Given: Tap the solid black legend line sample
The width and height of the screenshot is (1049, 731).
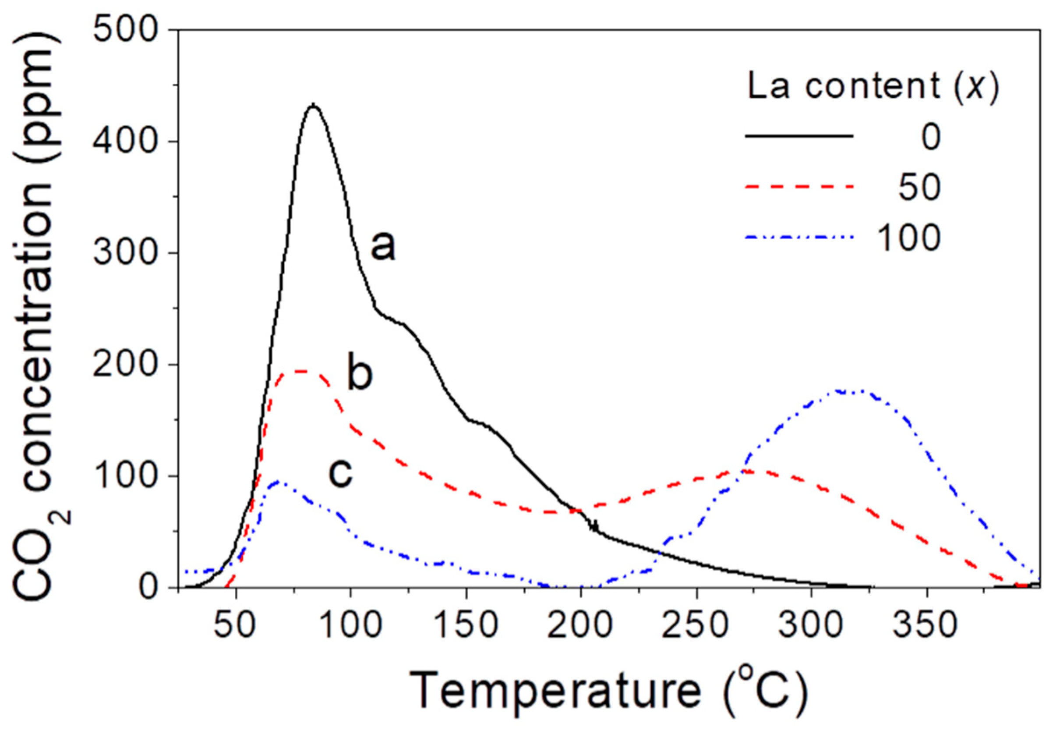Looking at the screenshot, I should pyautogui.click(x=799, y=136).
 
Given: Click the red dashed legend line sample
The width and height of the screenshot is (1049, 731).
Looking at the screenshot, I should pyautogui.click(x=799, y=187).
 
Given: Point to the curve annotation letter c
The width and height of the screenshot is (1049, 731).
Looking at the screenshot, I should pyautogui.click(x=341, y=472).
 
